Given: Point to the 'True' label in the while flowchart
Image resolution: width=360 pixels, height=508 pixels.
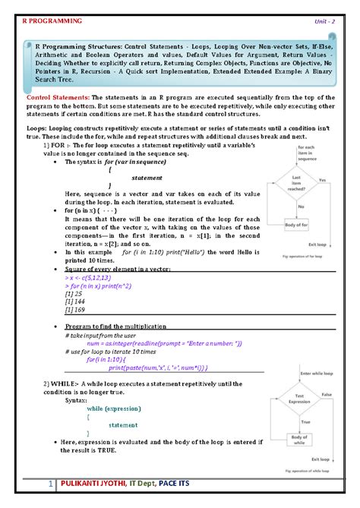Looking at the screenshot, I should pos(305,421).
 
